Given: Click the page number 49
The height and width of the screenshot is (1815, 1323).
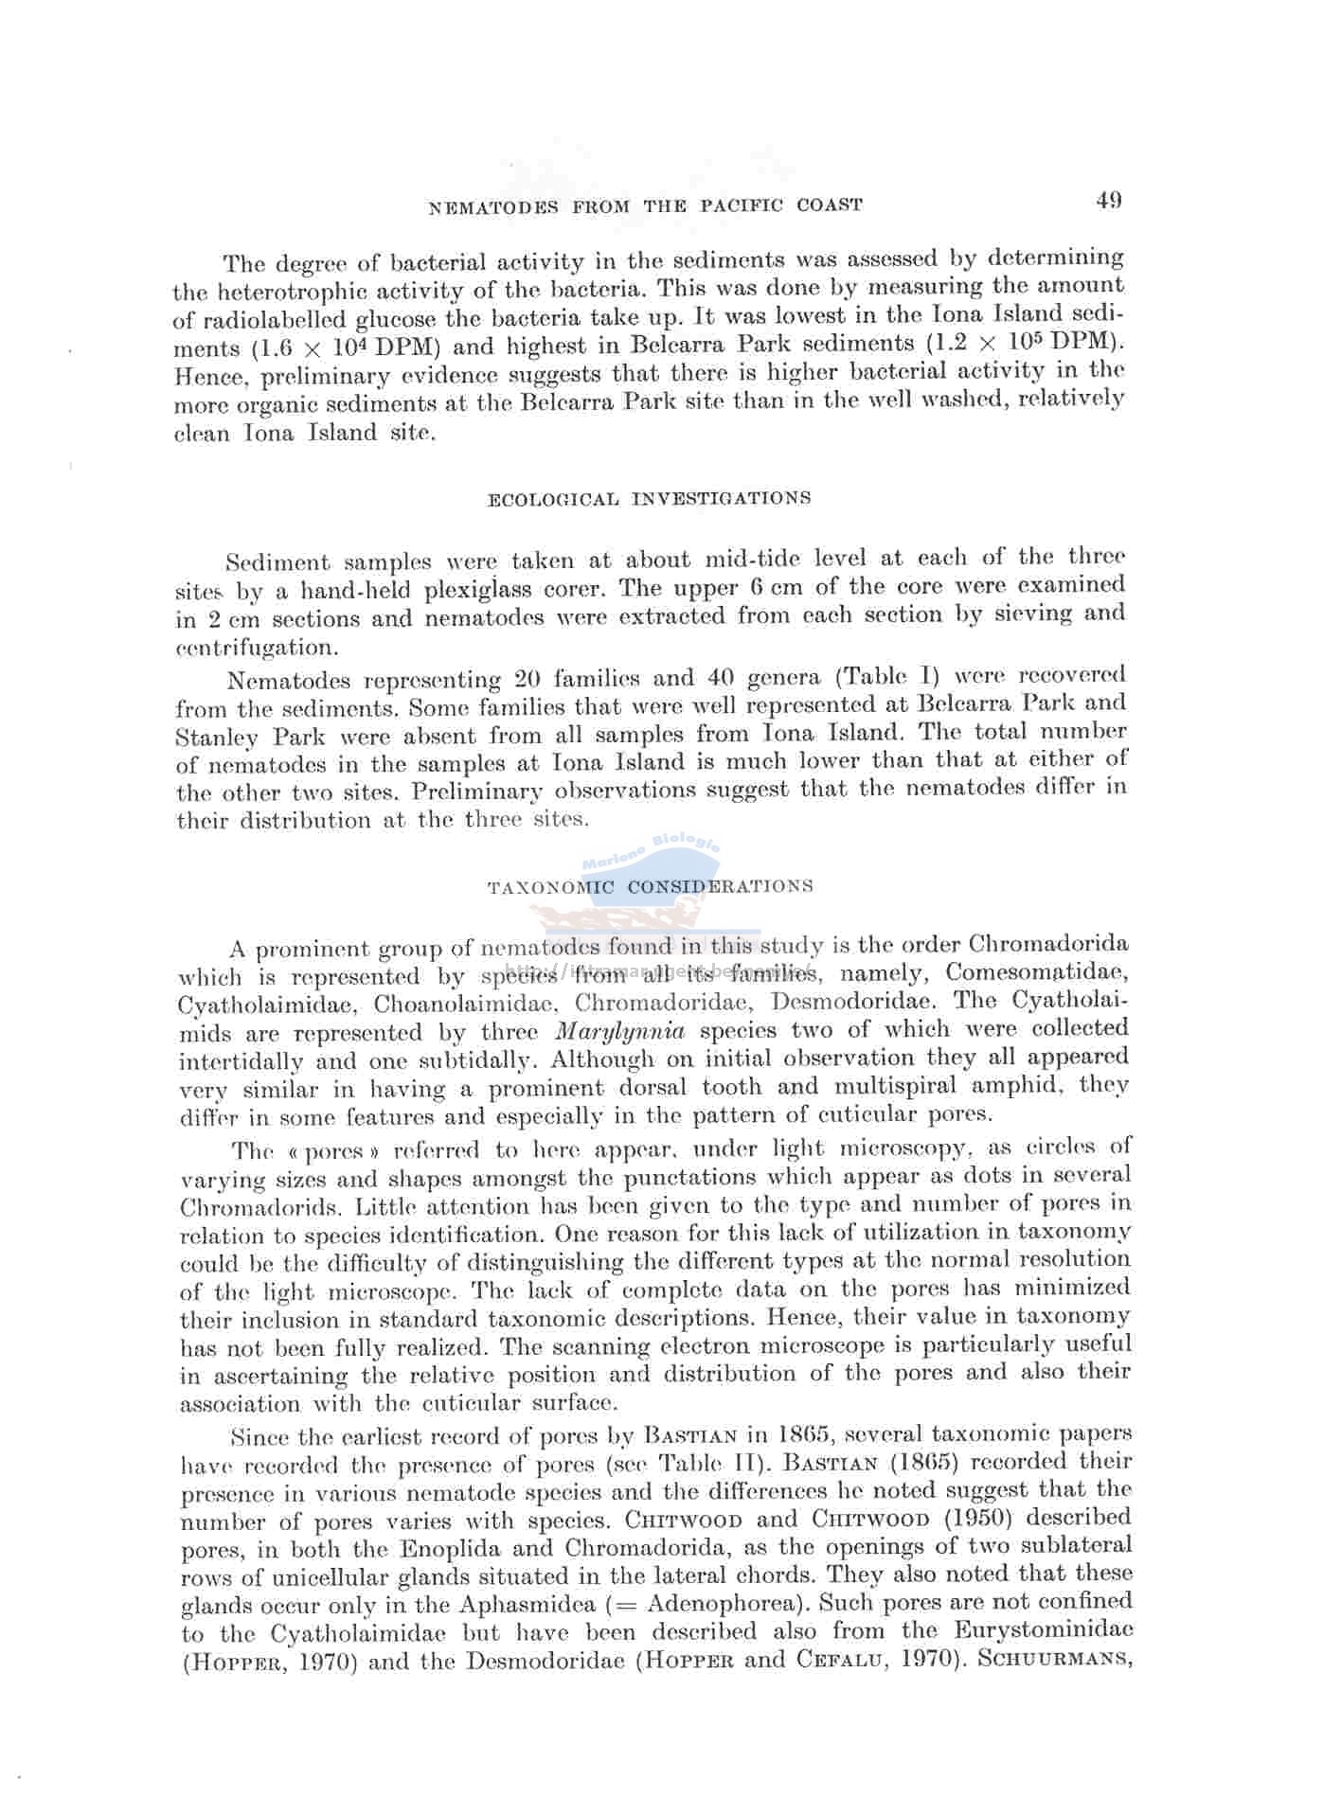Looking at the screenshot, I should (1109, 200).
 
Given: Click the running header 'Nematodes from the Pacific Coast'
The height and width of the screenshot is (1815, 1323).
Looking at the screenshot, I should (646, 205).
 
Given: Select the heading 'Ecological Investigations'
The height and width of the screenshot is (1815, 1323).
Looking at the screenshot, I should (649, 498).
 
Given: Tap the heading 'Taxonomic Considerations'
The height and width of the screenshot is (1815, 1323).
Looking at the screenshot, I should (650, 887).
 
